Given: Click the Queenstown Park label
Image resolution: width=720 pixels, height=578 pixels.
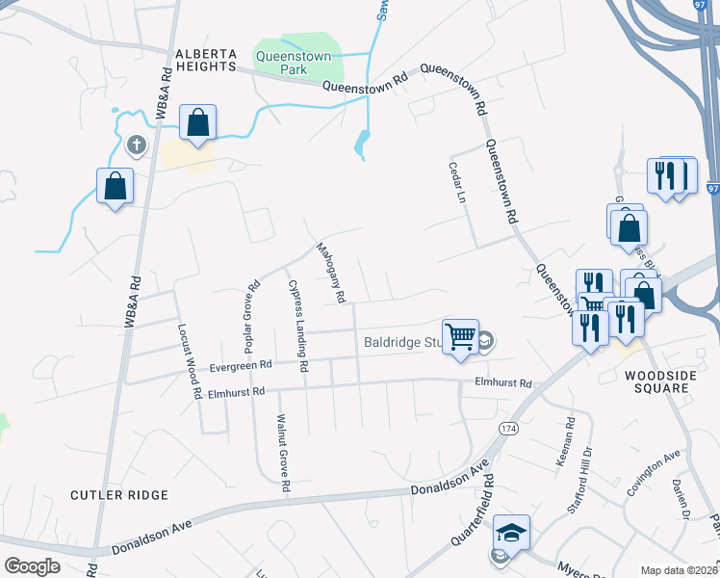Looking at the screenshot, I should point(293,64).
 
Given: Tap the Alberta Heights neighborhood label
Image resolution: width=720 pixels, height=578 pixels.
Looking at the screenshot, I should point(206,60).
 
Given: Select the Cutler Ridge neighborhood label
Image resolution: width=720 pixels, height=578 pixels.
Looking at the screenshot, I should point(119,494).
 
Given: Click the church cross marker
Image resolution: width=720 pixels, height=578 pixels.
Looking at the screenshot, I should point(137,146).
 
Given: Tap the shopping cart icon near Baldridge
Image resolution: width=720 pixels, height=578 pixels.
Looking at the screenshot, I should point(461,336).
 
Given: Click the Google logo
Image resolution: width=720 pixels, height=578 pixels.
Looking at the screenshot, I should point(32,565).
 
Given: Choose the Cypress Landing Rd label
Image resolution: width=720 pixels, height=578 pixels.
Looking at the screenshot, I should point(296,326).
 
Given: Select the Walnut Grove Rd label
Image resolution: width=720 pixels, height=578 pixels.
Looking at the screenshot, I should point(283,453).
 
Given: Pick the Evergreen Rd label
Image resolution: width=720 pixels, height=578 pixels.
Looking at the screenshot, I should point(241,365).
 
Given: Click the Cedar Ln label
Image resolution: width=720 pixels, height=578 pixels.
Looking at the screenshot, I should point(456,182).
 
